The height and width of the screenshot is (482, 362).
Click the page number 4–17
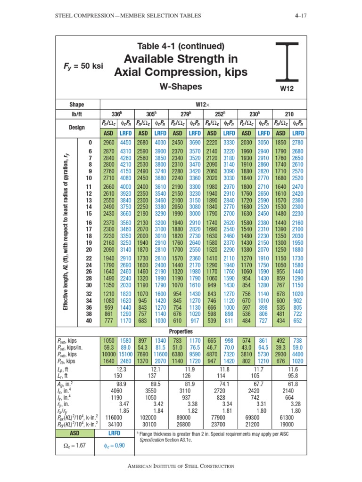coord(299,16)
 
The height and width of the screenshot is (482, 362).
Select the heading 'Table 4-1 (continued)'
coord(181,46)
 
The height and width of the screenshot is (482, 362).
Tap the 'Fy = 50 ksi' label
coord(82,65)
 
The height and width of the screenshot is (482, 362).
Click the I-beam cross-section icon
coord(287,61)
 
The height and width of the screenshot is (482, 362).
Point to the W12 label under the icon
coord(287,88)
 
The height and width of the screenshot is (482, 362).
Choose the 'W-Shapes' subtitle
coord(181,87)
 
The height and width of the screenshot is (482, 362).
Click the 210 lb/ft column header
coord(290,114)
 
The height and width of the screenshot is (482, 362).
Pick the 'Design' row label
coord(77,128)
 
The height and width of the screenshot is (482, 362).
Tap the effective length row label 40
coord(90,321)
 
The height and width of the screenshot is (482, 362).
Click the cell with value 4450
coord(126,142)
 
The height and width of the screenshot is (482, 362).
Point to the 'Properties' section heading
coord(181,331)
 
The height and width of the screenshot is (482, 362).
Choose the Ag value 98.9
coord(122,385)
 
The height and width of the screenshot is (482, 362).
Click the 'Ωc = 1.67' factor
coord(77,446)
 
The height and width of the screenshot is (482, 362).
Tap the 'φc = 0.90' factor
coord(115,446)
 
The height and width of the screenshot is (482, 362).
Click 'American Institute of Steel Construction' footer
coord(181,466)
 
